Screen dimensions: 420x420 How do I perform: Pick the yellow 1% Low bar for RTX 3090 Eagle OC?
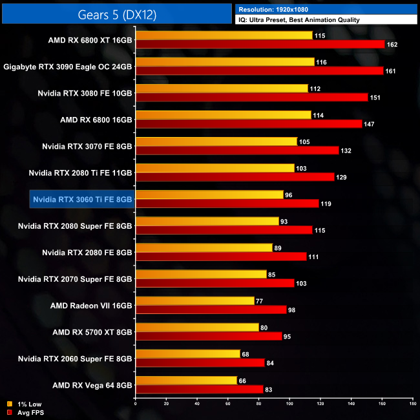coord(225,61)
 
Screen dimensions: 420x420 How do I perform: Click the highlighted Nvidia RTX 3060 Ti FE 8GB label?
coord(82,200)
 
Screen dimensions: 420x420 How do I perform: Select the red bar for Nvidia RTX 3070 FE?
coord(237,151)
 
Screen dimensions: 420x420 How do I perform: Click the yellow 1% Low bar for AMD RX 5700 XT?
coord(196,327)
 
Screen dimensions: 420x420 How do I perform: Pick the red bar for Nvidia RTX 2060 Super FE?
coord(200,362)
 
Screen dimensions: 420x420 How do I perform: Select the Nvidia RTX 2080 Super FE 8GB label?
coord(75,226)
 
